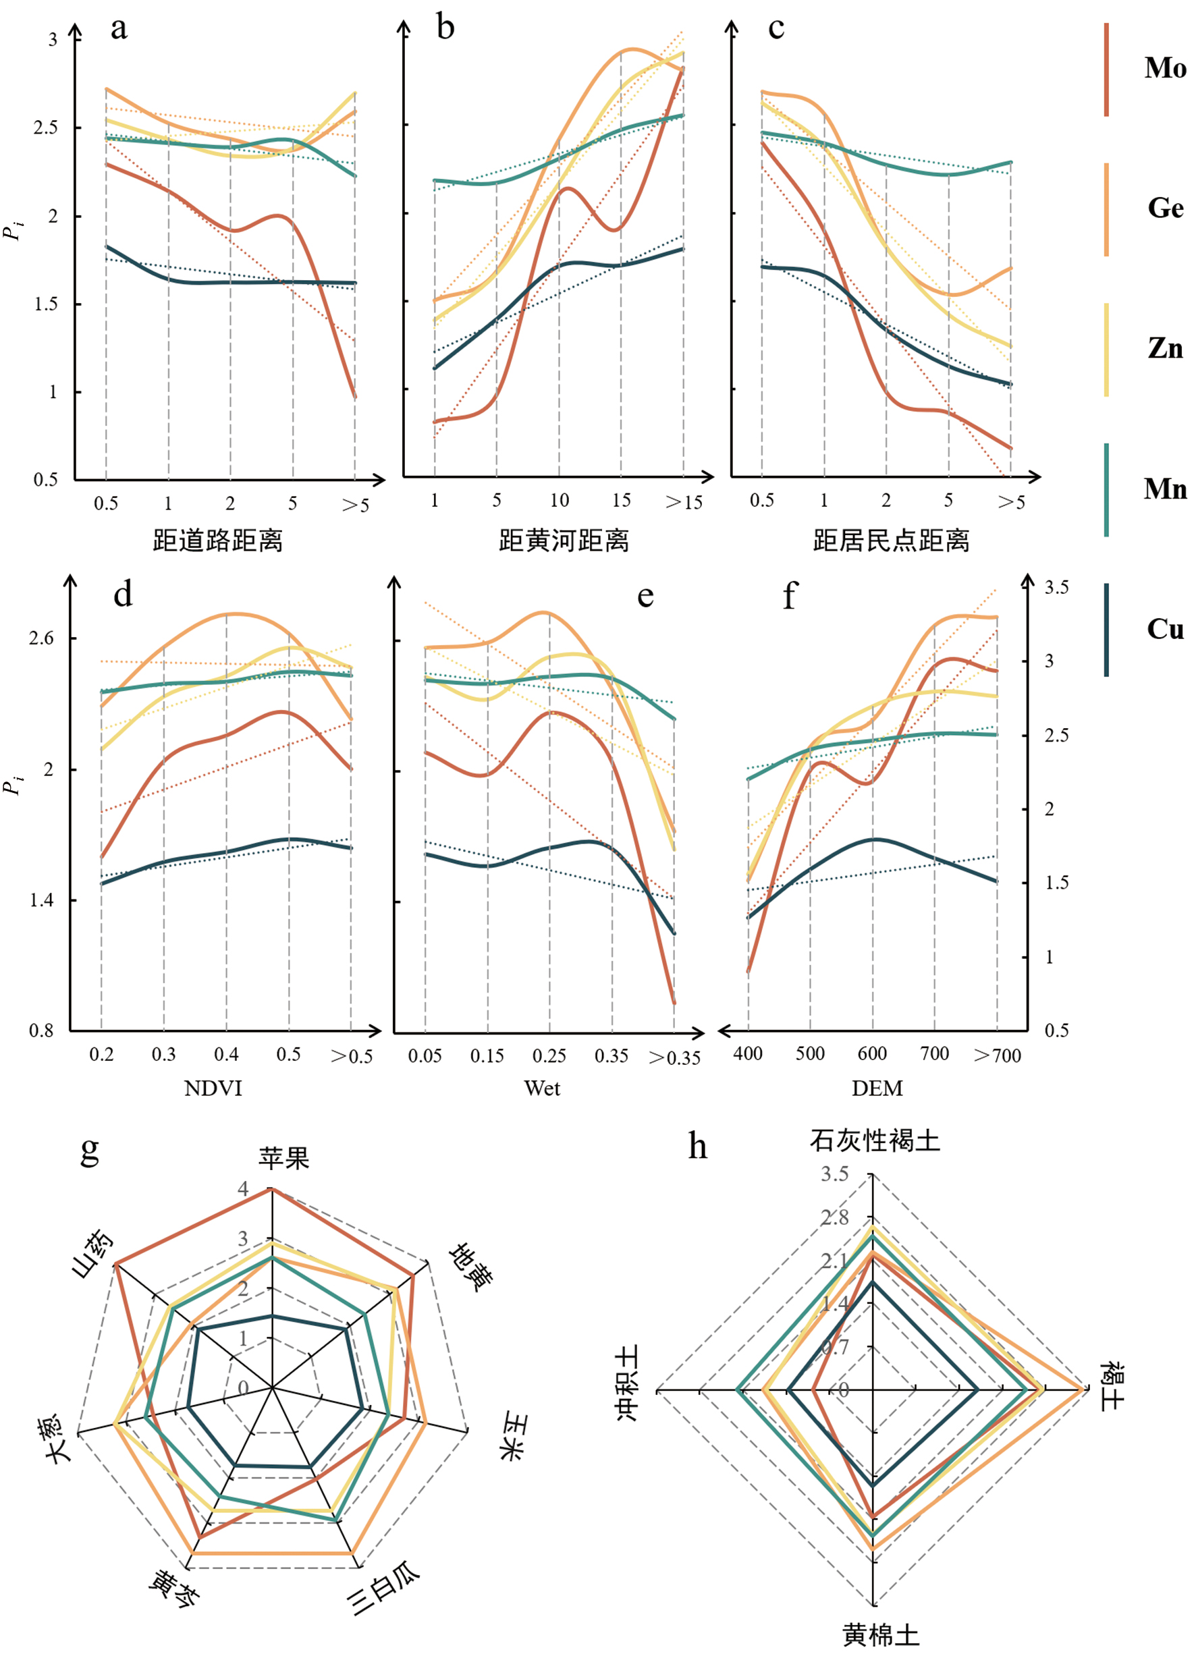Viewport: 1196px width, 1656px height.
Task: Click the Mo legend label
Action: (x=1164, y=68)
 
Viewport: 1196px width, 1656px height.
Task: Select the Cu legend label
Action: (x=1164, y=629)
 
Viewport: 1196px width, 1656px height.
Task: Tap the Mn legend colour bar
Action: (x=1106, y=489)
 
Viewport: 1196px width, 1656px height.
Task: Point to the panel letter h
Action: (x=697, y=1147)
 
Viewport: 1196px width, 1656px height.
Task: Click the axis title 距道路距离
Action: (x=217, y=541)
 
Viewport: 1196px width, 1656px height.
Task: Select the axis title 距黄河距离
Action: (x=563, y=541)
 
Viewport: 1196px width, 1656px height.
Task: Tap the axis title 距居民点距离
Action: (x=891, y=541)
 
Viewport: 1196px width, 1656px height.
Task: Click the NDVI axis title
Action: (x=213, y=1088)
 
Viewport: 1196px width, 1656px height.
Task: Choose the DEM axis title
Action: (x=877, y=1088)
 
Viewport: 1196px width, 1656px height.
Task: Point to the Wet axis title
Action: (x=542, y=1088)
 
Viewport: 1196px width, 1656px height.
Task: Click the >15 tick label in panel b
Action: (x=684, y=502)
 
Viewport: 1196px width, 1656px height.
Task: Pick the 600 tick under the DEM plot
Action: (x=872, y=1053)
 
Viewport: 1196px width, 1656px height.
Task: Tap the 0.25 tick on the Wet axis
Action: (x=549, y=1056)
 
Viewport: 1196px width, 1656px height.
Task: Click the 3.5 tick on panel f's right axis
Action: (x=1056, y=588)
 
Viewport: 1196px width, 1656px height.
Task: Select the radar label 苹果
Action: (x=283, y=1158)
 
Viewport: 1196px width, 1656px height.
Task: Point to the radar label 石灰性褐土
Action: (x=874, y=1140)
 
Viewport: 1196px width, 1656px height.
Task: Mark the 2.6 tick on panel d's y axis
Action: (x=41, y=638)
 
